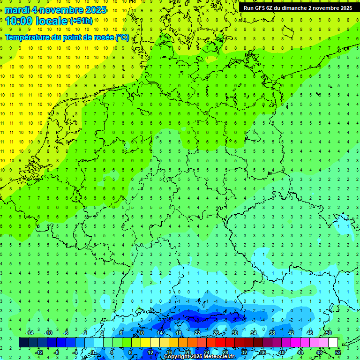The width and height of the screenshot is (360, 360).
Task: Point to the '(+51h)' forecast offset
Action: click(x=81, y=21)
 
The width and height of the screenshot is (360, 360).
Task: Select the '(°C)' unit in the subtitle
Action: click(x=122, y=37)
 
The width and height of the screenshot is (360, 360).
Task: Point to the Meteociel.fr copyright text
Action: click(x=199, y=357)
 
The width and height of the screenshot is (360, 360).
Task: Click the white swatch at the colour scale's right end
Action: click(x=333, y=342)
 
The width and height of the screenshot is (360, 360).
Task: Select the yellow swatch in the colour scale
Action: click(x=155, y=342)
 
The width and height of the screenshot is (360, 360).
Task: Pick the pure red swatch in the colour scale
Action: click(x=221, y=342)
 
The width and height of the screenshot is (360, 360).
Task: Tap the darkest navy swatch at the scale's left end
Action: click(x=24, y=342)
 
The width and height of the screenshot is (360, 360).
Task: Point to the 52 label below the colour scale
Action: click(x=338, y=352)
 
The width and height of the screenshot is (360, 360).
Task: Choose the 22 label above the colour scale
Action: click(x=197, y=333)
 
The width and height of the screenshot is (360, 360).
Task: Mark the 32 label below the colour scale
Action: click(x=244, y=352)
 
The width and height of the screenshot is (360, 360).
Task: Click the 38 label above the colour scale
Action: click(x=272, y=333)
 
